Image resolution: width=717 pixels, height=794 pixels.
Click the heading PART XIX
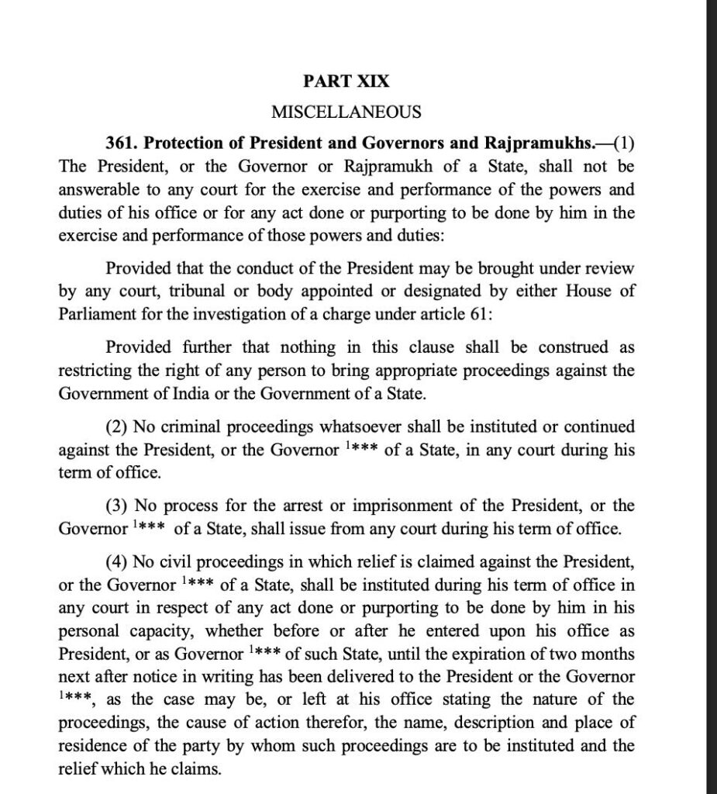click(x=346, y=81)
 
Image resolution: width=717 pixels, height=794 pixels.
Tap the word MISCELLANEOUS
click(x=346, y=112)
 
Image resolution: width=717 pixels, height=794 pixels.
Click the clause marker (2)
click(x=118, y=426)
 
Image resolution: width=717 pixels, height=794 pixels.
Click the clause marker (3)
click(x=118, y=506)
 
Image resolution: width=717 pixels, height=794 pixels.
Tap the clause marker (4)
click(x=118, y=561)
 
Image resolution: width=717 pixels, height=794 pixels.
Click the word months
click(x=607, y=654)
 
